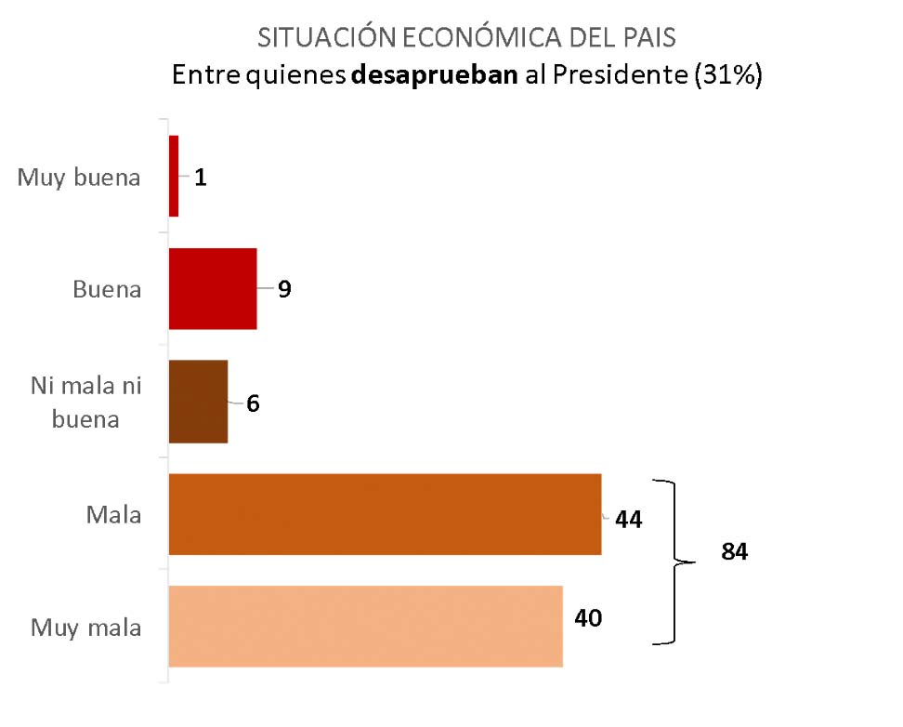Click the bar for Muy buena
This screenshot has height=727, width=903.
click(174, 176)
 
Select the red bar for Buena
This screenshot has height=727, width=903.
click(213, 288)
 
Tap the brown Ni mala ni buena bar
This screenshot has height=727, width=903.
click(198, 401)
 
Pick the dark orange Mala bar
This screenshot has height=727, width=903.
click(385, 514)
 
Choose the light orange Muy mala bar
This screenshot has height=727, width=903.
click(365, 626)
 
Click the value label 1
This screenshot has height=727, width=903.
click(201, 177)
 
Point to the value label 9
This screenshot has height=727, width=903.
click(284, 289)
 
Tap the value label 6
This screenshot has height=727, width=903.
click(253, 404)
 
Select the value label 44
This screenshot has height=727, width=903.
click(628, 520)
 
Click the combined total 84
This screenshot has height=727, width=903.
click(735, 551)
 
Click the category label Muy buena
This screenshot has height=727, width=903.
click(79, 178)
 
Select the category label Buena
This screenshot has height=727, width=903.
click(107, 289)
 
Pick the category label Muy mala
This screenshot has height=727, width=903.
click(86, 628)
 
